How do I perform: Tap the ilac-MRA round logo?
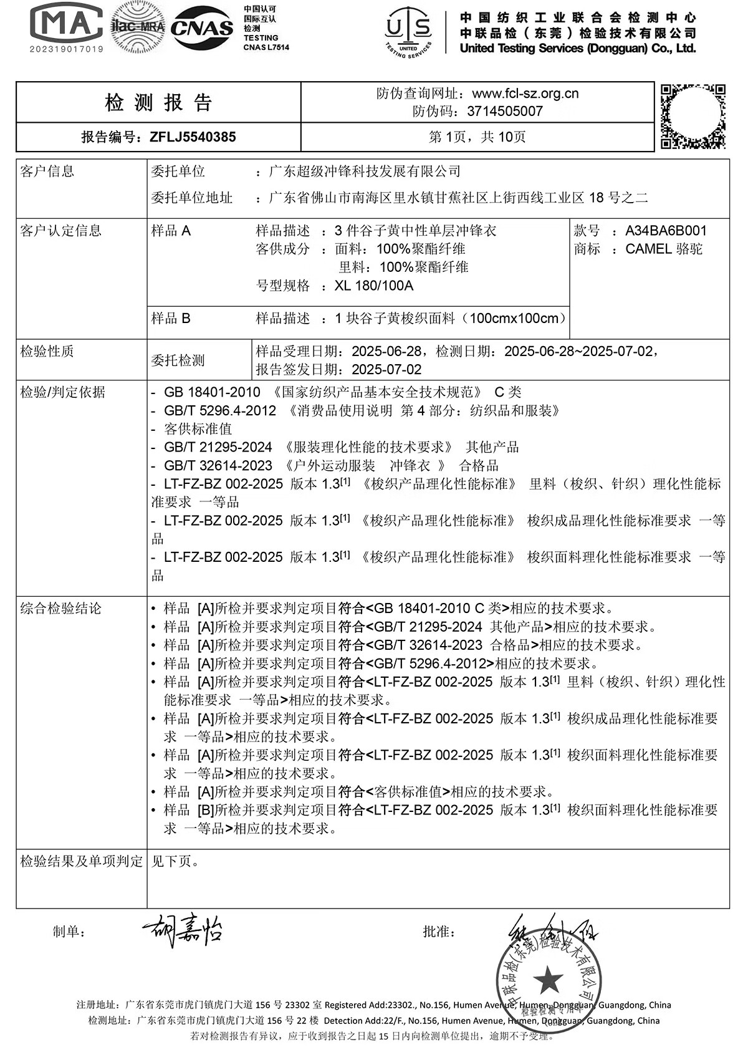(x=137, y=27)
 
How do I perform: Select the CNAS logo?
(x=202, y=27)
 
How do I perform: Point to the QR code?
(x=693, y=116)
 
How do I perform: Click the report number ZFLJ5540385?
(x=193, y=137)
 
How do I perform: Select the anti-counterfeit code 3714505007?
(x=504, y=112)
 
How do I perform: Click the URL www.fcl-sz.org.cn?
(x=525, y=94)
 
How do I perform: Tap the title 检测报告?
(x=159, y=102)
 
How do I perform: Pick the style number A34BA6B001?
(x=666, y=231)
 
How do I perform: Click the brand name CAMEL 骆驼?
(x=663, y=249)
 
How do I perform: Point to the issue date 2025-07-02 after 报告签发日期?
(x=386, y=369)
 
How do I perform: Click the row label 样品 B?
(x=171, y=319)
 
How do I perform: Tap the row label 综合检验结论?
(x=60, y=609)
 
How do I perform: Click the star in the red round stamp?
(x=549, y=980)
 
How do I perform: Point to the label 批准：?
(x=439, y=932)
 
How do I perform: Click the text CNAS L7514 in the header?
(x=266, y=47)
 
